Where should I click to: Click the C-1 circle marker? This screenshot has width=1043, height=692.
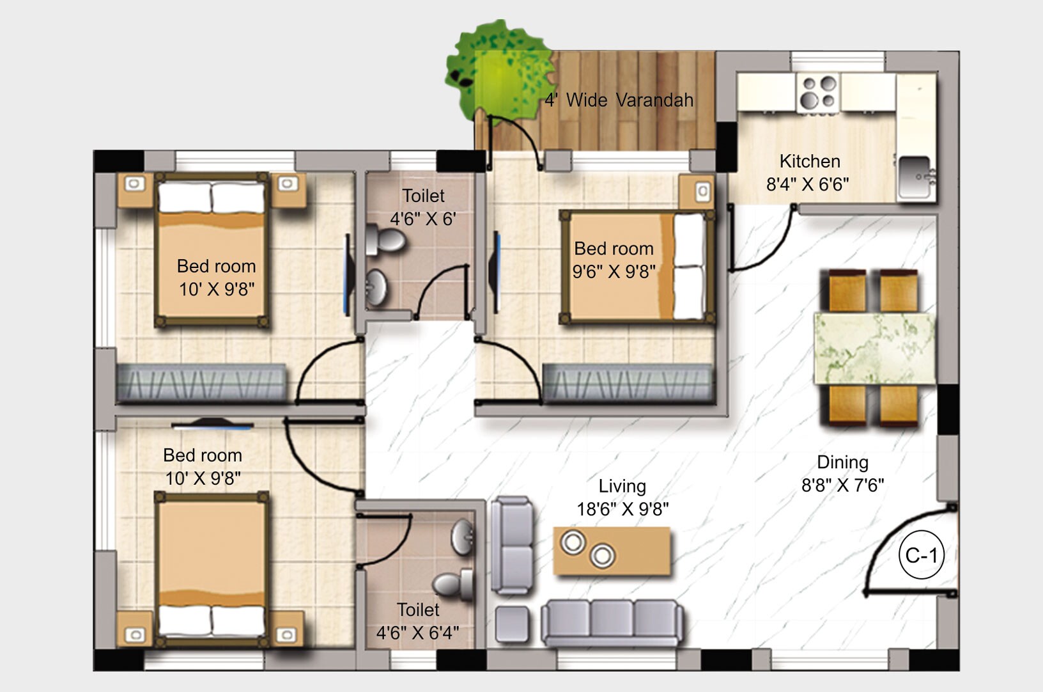pos(921,555)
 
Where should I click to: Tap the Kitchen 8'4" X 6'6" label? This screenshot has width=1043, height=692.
pos(808,173)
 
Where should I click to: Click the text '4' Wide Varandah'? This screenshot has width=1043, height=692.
pos(619,100)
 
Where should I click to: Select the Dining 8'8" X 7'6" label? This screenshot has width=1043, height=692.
pos(842,474)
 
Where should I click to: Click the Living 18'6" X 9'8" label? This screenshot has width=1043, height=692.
pos(622,498)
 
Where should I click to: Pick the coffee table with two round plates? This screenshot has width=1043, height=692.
pos(612,551)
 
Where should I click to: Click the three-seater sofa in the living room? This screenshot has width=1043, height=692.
pos(612,622)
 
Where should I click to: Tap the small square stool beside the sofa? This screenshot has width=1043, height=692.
pos(513,624)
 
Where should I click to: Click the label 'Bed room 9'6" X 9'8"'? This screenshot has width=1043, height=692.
pos(614,260)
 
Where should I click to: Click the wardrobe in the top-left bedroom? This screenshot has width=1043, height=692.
pos(201,384)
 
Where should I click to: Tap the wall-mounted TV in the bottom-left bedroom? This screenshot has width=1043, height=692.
pos(213,423)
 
